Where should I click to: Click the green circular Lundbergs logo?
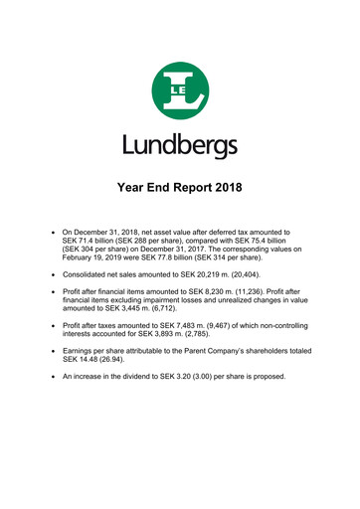(180, 92)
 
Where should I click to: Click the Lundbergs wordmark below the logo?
(180, 147)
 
